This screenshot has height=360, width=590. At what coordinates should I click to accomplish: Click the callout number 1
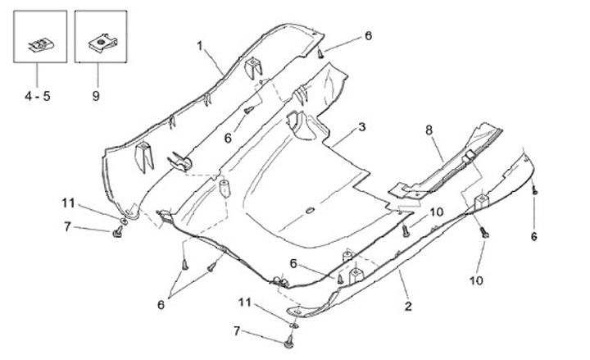[198, 47]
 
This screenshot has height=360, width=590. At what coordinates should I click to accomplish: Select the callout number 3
[361, 128]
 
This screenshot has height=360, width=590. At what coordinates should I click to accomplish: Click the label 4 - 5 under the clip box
[36, 97]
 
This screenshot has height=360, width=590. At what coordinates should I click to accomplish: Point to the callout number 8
[428, 130]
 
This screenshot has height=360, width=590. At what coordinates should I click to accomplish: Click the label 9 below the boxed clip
[96, 97]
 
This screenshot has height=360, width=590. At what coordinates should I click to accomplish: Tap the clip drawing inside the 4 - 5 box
[39, 44]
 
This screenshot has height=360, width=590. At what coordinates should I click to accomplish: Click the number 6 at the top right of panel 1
[368, 36]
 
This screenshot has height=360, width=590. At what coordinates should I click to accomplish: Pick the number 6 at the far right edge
[533, 236]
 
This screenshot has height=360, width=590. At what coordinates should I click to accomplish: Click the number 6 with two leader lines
[161, 304]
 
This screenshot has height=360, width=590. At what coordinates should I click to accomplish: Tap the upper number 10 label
[436, 212]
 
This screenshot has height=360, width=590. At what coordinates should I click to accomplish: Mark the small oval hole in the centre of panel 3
[310, 211]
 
